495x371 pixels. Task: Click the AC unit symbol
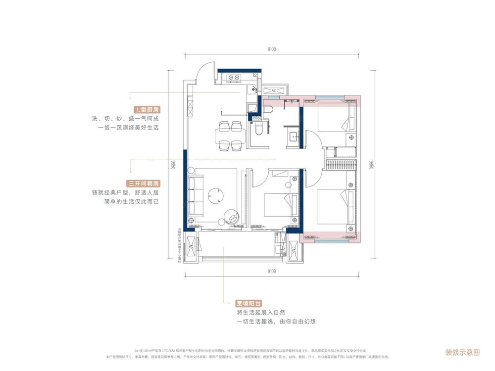click(274, 91)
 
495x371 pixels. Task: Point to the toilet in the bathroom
click(258, 130)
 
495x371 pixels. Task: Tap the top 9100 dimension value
click(271, 49)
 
